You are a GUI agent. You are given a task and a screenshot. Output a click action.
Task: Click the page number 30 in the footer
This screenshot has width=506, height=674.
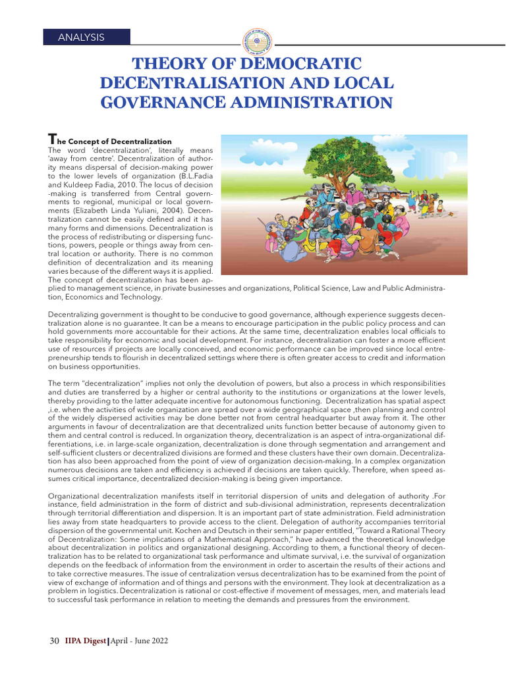[55, 640]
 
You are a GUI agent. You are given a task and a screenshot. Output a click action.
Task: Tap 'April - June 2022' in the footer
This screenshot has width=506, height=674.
[139, 640]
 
